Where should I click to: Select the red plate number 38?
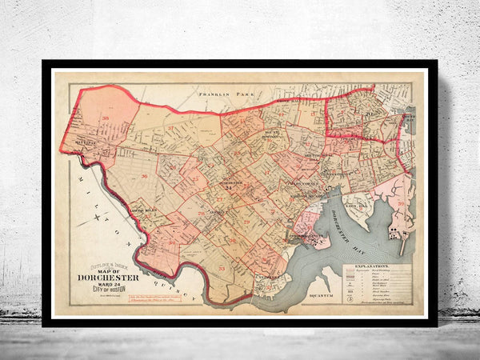click(106, 118)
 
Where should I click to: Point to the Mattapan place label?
click(84, 146)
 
